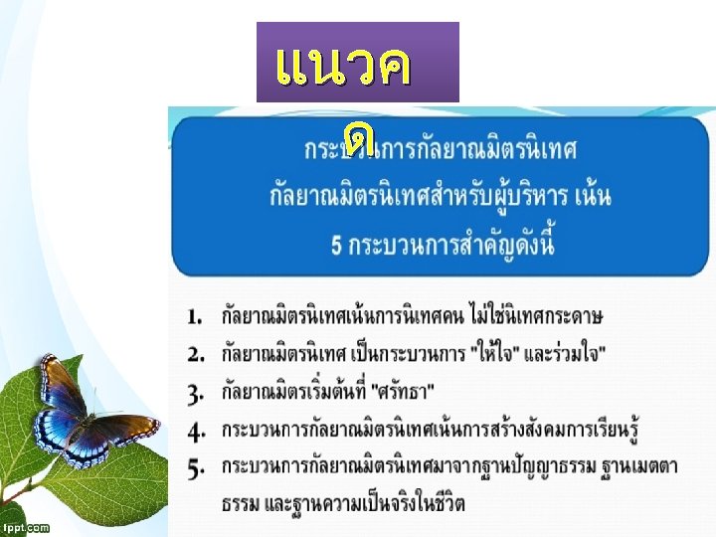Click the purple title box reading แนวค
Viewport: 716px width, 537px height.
click(x=358, y=63)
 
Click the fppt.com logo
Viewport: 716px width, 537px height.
click(x=26, y=527)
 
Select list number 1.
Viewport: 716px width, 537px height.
click(x=195, y=317)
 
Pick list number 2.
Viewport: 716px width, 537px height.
click(x=195, y=353)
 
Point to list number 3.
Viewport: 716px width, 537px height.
click(x=195, y=389)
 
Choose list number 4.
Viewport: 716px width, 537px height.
click(x=195, y=431)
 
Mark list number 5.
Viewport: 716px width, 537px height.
click(x=195, y=465)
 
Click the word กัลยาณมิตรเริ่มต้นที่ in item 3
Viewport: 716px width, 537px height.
click(x=306, y=389)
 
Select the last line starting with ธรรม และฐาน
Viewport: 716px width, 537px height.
click(x=342, y=503)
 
